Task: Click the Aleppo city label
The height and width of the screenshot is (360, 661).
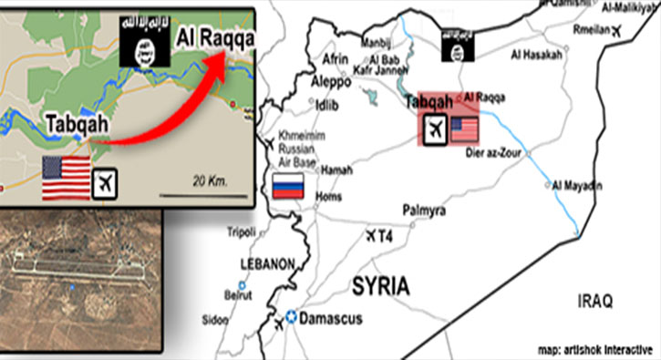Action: [331, 82]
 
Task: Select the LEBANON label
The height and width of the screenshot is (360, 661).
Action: [267, 263]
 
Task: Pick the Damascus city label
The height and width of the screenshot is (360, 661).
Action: [333, 319]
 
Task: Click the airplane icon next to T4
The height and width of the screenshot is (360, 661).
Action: [371, 236]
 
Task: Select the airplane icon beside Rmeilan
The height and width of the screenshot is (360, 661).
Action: [621, 32]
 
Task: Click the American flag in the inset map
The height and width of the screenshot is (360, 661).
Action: [66, 177]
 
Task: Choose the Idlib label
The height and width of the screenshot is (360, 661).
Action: [326, 106]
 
